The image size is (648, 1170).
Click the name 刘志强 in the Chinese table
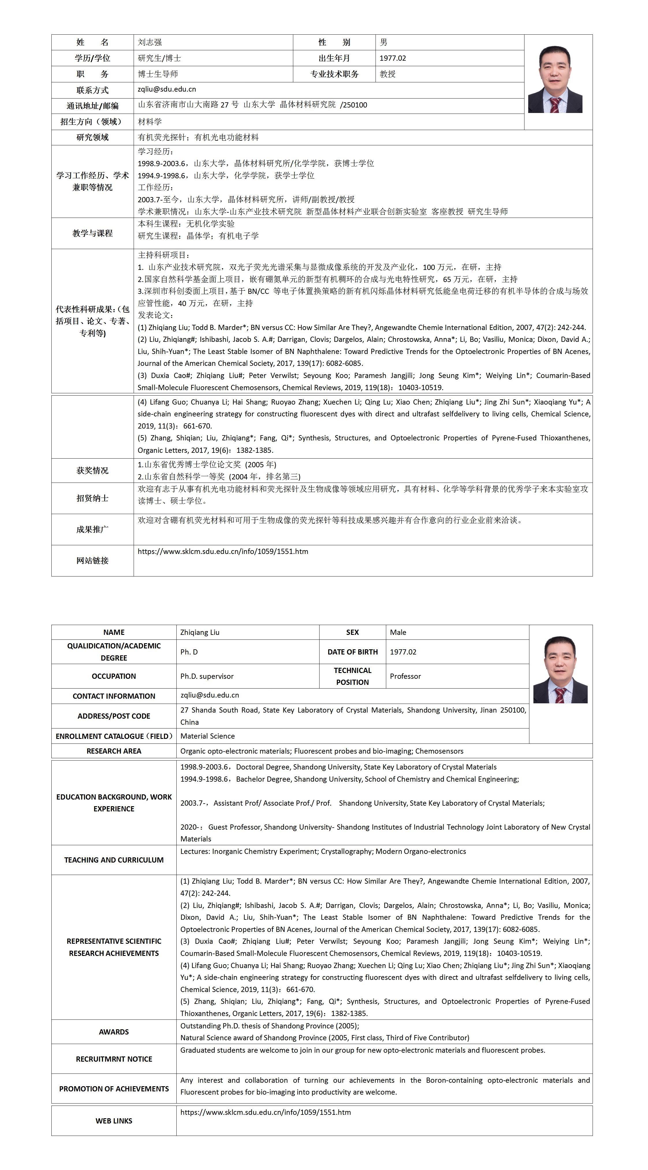[150, 42]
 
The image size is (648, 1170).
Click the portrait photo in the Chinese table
[555, 79]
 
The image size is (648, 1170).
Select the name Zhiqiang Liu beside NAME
[200, 632]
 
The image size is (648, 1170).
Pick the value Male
[398, 632]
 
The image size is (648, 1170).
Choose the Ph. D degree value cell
[189, 652]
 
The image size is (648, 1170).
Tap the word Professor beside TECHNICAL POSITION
[405, 676]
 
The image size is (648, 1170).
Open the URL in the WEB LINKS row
[266, 1112]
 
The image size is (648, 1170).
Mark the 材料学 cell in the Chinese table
[150, 122]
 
